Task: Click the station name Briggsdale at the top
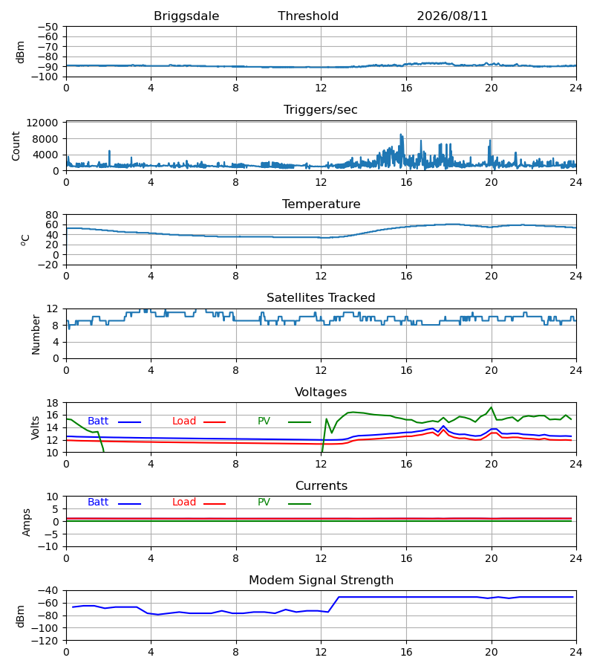click(186, 16)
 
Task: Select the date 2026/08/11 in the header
click(452, 16)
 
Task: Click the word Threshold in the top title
click(308, 16)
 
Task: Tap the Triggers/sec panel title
click(321, 110)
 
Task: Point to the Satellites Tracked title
click(321, 298)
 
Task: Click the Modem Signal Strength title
click(322, 581)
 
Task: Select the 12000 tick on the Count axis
click(42, 123)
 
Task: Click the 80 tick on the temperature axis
click(53, 215)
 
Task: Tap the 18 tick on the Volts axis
click(53, 403)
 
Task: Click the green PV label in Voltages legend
click(264, 421)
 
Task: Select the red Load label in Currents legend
click(184, 502)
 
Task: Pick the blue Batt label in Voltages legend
click(98, 421)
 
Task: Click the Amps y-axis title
click(27, 522)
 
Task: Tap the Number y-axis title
click(36, 334)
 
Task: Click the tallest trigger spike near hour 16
click(400, 135)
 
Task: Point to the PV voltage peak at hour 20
click(492, 407)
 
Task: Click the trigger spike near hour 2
click(109, 151)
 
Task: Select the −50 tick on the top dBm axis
click(48, 27)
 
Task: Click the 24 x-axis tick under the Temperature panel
click(576, 276)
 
